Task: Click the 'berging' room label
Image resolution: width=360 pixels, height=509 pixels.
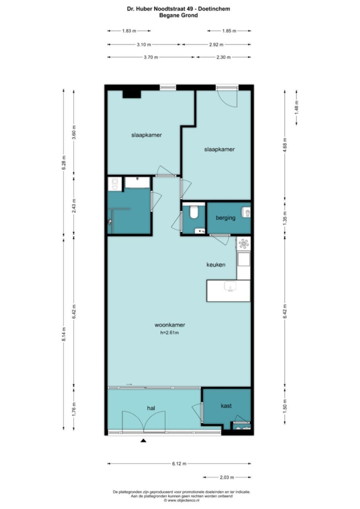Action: [x=225, y=218]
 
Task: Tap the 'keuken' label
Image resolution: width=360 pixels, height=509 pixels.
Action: [x=216, y=264]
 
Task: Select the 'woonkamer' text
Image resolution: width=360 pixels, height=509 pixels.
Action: [x=170, y=325]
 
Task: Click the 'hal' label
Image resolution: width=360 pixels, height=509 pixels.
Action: [x=151, y=408]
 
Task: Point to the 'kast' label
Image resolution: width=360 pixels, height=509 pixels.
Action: [x=226, y=406]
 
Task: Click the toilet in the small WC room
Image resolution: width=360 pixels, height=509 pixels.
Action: [x=194, y=212]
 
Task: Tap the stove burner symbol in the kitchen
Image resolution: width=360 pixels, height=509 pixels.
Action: [x=244, y=243]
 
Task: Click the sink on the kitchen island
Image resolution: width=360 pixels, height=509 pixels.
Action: [x=230, y=286]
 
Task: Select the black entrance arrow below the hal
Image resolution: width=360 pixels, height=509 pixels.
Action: [x=143, y=440]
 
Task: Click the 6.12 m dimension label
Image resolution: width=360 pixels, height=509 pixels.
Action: [x=179, y=464]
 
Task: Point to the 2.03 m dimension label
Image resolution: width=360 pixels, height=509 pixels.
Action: [x=227, y=477]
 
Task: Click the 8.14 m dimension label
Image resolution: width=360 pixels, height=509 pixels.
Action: [x=64, y=334]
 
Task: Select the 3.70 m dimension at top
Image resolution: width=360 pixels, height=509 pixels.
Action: [x=151, y=57]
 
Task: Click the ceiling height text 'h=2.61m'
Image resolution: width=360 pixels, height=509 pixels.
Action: [x=170, y=333]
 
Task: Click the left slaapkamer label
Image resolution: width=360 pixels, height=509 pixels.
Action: [x=146, y=135]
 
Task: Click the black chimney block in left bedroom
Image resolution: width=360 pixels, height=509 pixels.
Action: [x=132, y=94]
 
